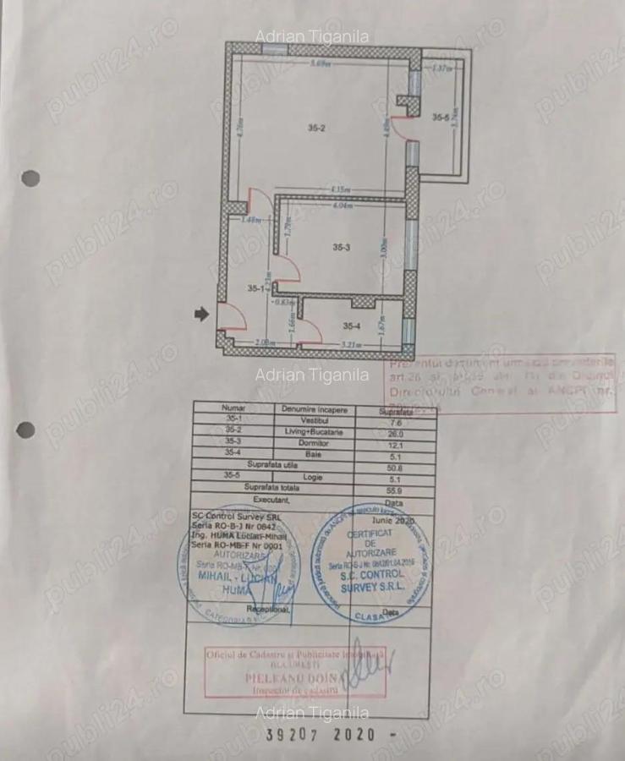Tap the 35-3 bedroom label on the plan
(341, 248)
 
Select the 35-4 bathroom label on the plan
(352, 325)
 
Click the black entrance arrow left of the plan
(201, 314)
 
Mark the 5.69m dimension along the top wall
(320, 64)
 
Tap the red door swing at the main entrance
(233, 318)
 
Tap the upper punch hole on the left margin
(30, 178)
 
